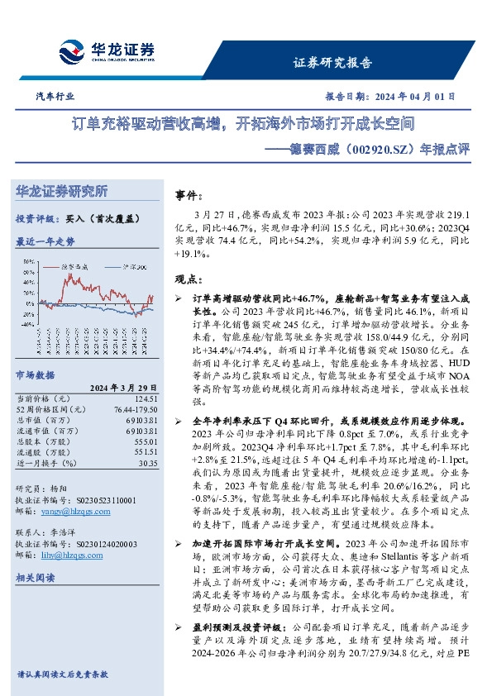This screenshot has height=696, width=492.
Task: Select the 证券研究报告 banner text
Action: [332, 63]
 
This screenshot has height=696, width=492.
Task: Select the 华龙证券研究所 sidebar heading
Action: [62, 192]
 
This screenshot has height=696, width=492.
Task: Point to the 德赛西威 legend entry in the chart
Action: [76, 267]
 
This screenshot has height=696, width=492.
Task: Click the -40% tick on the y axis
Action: [27, 326]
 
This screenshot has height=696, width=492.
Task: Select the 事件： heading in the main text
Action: [189, 196]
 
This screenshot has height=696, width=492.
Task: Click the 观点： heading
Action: [189, 279]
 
